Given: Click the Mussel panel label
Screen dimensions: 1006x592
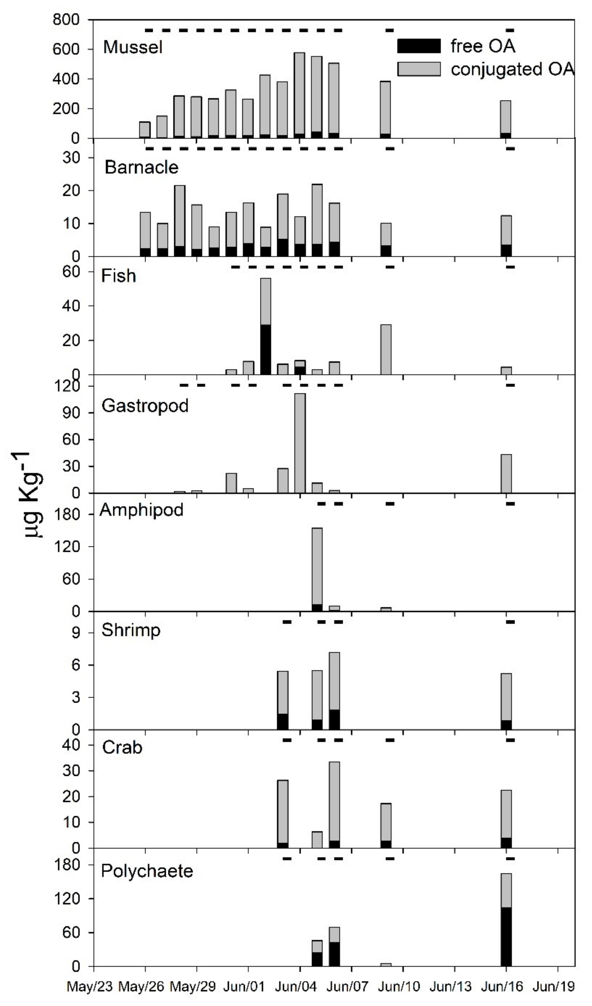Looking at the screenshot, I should tap(133, 47).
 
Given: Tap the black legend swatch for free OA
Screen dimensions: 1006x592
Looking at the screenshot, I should tap(419, 46).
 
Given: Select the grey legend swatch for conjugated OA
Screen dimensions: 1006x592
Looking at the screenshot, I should tap(419, 69).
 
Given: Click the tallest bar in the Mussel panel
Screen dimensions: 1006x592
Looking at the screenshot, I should tap(299, 96).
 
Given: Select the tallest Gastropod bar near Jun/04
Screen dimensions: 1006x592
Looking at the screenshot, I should tap(300, 443).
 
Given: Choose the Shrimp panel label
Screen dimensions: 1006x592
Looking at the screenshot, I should tap(131, 630).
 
